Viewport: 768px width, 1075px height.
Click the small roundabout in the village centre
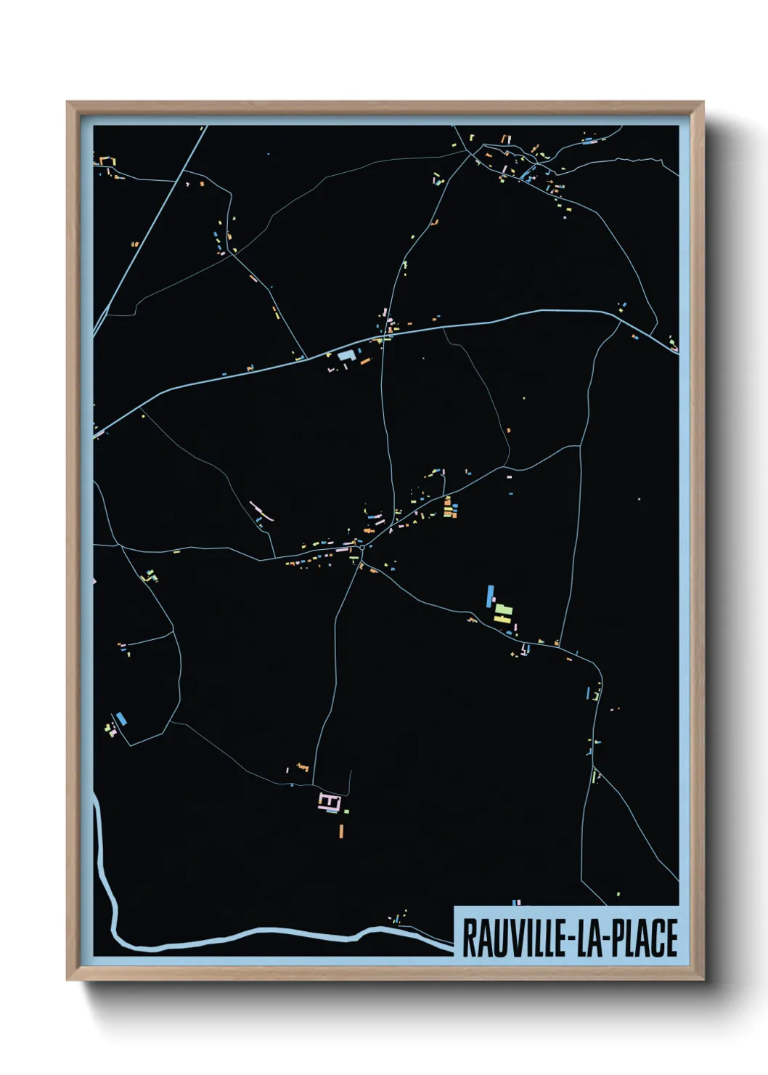[x=361, y=547]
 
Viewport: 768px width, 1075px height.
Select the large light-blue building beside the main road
[x=346, y=356]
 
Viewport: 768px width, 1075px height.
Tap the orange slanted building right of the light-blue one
[x=364, y=360]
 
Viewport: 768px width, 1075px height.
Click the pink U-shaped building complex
[x=329, y=801]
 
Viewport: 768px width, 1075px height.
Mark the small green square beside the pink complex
[x=346, y=811]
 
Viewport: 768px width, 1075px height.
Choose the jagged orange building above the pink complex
[x=302, y=766]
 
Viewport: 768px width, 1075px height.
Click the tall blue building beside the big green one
[x=490, y=596]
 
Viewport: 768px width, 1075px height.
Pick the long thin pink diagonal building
[x=261, y=511]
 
